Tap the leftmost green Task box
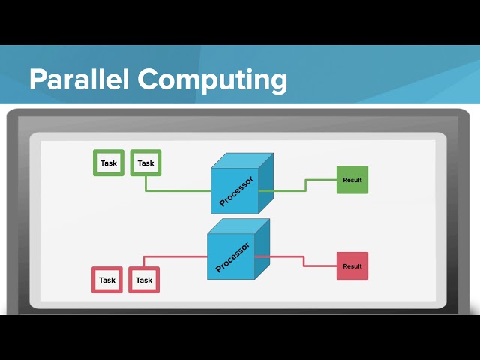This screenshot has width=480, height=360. click(x=109, y=163)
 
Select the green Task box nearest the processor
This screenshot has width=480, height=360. click(x=145, y=163)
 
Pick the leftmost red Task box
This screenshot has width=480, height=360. click(x=107, y=280)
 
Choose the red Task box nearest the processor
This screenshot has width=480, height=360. click(x=144, y=280)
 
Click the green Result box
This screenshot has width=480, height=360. click(x=352, y=180)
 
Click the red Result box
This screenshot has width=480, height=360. click(x=352, y=266)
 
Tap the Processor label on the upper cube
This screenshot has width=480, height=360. click(x=236, y=191)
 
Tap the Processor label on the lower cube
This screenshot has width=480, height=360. click(x=232, y=256)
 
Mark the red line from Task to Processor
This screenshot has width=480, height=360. click(x=176, y=256)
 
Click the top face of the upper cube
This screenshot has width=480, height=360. click(x=241, y=161)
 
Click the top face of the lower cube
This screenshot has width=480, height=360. click(x=238, y=227)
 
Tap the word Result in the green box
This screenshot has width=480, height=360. click(x=352, y=180)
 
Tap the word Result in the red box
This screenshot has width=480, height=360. click(x=352, y=266)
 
